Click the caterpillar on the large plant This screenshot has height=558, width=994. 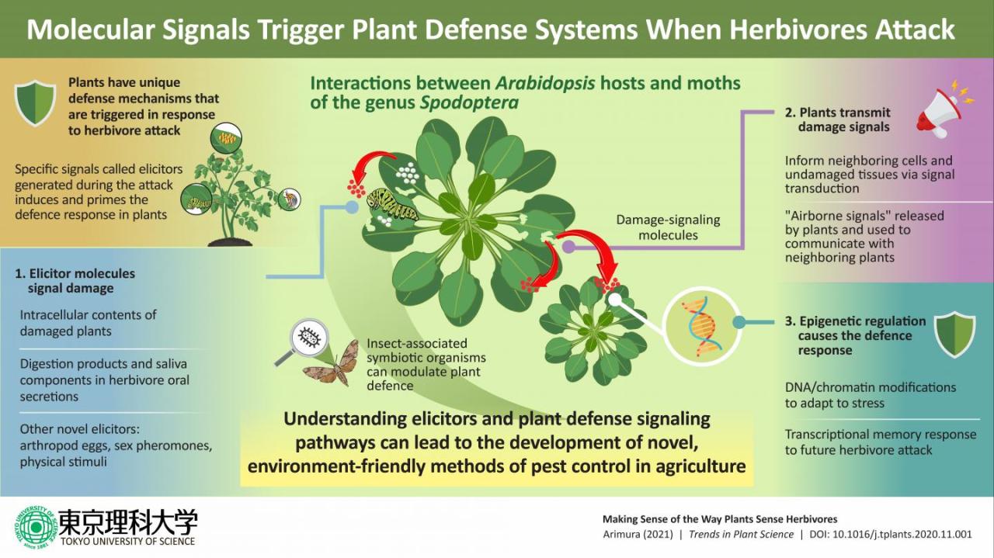(393, 204)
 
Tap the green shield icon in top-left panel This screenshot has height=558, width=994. (36, 104)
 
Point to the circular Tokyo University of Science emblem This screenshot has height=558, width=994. (33, 528)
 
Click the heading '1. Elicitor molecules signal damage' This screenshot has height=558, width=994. (75, 281)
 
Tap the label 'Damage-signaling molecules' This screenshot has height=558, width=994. (668, 227)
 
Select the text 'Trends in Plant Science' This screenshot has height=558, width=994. (740, 534)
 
